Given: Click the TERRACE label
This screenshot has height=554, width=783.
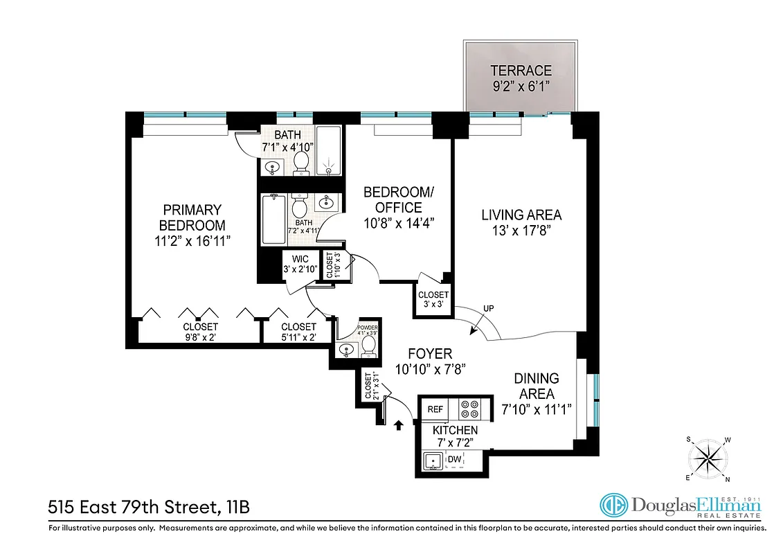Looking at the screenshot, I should pyautogui.click(x=521, y=70).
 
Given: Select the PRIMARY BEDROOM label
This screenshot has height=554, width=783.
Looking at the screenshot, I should pyautogui.click(x=192, y=217).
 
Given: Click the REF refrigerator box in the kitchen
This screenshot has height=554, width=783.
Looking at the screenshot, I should pyautogui.click(x=435, y=409).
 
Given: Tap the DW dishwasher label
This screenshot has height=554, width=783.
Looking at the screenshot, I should pyautogui.click(x=454, y=459).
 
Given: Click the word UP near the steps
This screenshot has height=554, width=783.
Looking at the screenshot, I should pyautogui.click(x=489, y=308).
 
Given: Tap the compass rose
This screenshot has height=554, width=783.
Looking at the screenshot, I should pyautogui.click(x=708, y=458).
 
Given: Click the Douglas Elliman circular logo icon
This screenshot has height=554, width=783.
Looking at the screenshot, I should pyautogui.click(x=614, y=506).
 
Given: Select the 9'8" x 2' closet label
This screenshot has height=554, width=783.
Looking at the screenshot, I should pyautogui.click(x=200, y=332).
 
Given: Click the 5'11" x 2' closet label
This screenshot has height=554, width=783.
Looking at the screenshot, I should pyautogui.click(x=298, y=332).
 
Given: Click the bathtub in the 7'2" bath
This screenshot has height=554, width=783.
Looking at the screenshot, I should pyautogui.click(x=274, y=220).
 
